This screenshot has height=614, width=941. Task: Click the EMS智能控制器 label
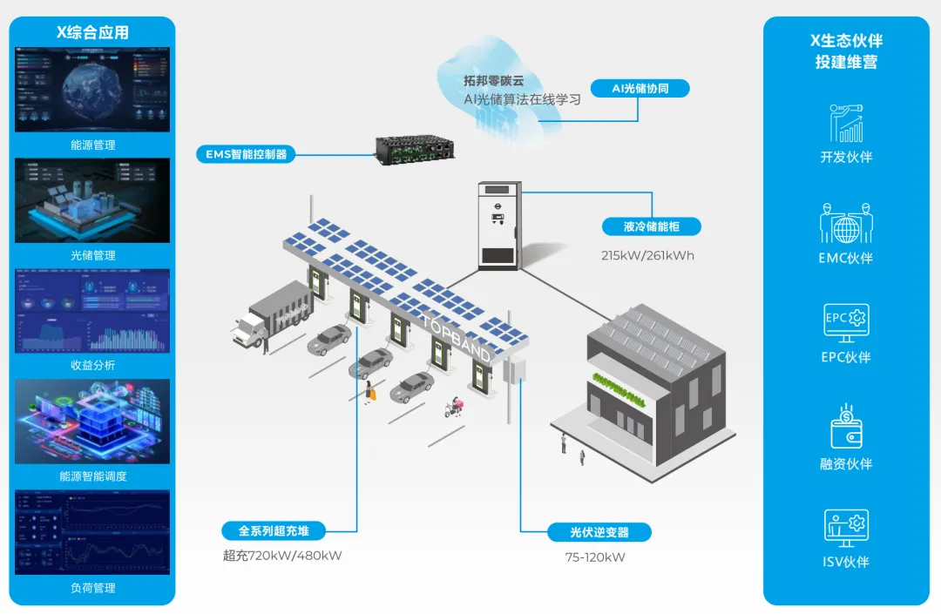(246, 154)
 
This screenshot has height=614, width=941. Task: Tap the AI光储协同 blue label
(640, 88)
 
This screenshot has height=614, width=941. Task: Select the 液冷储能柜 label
(651, 227)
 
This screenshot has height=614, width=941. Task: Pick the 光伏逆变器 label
(599, 532)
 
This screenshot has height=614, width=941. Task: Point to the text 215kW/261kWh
(647, 256)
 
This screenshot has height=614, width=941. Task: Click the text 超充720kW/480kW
(282, 556)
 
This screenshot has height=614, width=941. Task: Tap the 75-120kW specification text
(595, 557)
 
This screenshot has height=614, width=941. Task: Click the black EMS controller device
(415, 149)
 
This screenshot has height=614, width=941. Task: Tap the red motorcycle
(454, 407)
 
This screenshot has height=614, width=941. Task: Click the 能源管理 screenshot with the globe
(92, 90)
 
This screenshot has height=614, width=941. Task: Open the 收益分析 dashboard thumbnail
(92, 311)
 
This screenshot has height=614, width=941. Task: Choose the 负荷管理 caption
(92, 588)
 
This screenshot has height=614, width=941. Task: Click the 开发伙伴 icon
(846, 124)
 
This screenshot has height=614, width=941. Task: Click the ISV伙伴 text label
(846, 562)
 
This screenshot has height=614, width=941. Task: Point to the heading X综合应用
(92, 32)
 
